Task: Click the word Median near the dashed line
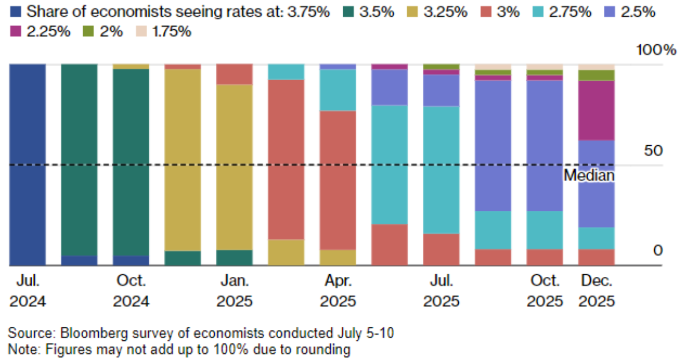[589, 175]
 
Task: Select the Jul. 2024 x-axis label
[28, 290]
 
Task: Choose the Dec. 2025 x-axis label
[596, 290]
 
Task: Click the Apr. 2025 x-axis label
[338, 290]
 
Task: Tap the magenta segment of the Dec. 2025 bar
[596, 110]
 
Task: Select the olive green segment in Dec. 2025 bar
[596, 75]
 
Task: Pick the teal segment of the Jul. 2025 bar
[441, 169]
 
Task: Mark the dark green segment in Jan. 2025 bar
[234, 258]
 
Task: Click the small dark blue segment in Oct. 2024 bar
[131, 260]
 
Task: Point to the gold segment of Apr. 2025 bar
[338, 257]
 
